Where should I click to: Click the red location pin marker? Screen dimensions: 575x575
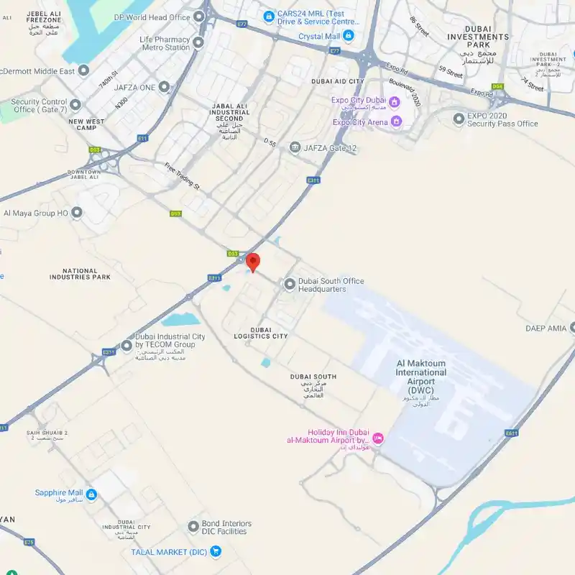[x=253, y=262]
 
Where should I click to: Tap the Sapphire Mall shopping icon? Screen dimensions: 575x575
[x=91, y=495]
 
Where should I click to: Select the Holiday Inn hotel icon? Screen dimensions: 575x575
[x=378, y=438]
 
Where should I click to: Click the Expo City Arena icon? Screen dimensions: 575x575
[x=395, y=122]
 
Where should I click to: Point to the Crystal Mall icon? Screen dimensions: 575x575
[x=349, y=35]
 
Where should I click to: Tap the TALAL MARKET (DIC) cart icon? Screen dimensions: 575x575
[x=216, y=551]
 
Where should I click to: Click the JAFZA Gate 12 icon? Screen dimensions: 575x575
[x=295, y=148]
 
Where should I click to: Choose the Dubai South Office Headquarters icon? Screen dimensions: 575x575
[x=290, y=285]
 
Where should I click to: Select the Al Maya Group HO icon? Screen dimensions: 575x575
[x=77, y=213]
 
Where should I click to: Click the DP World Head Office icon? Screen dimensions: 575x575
[x=199, y=17]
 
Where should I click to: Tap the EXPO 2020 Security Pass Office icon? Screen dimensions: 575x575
[x=459, y=119]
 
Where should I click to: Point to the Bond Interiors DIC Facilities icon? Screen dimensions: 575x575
[x=193, y=527]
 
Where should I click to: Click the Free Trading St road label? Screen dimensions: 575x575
[x=182, y=176]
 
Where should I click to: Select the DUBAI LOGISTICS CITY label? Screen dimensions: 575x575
[x=260, y=333]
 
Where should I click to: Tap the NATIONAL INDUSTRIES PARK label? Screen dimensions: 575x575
[x=80, y=274]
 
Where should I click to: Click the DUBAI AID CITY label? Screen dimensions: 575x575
[x=338, y=82]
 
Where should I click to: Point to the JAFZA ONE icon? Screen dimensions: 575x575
[x=165, y=88]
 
